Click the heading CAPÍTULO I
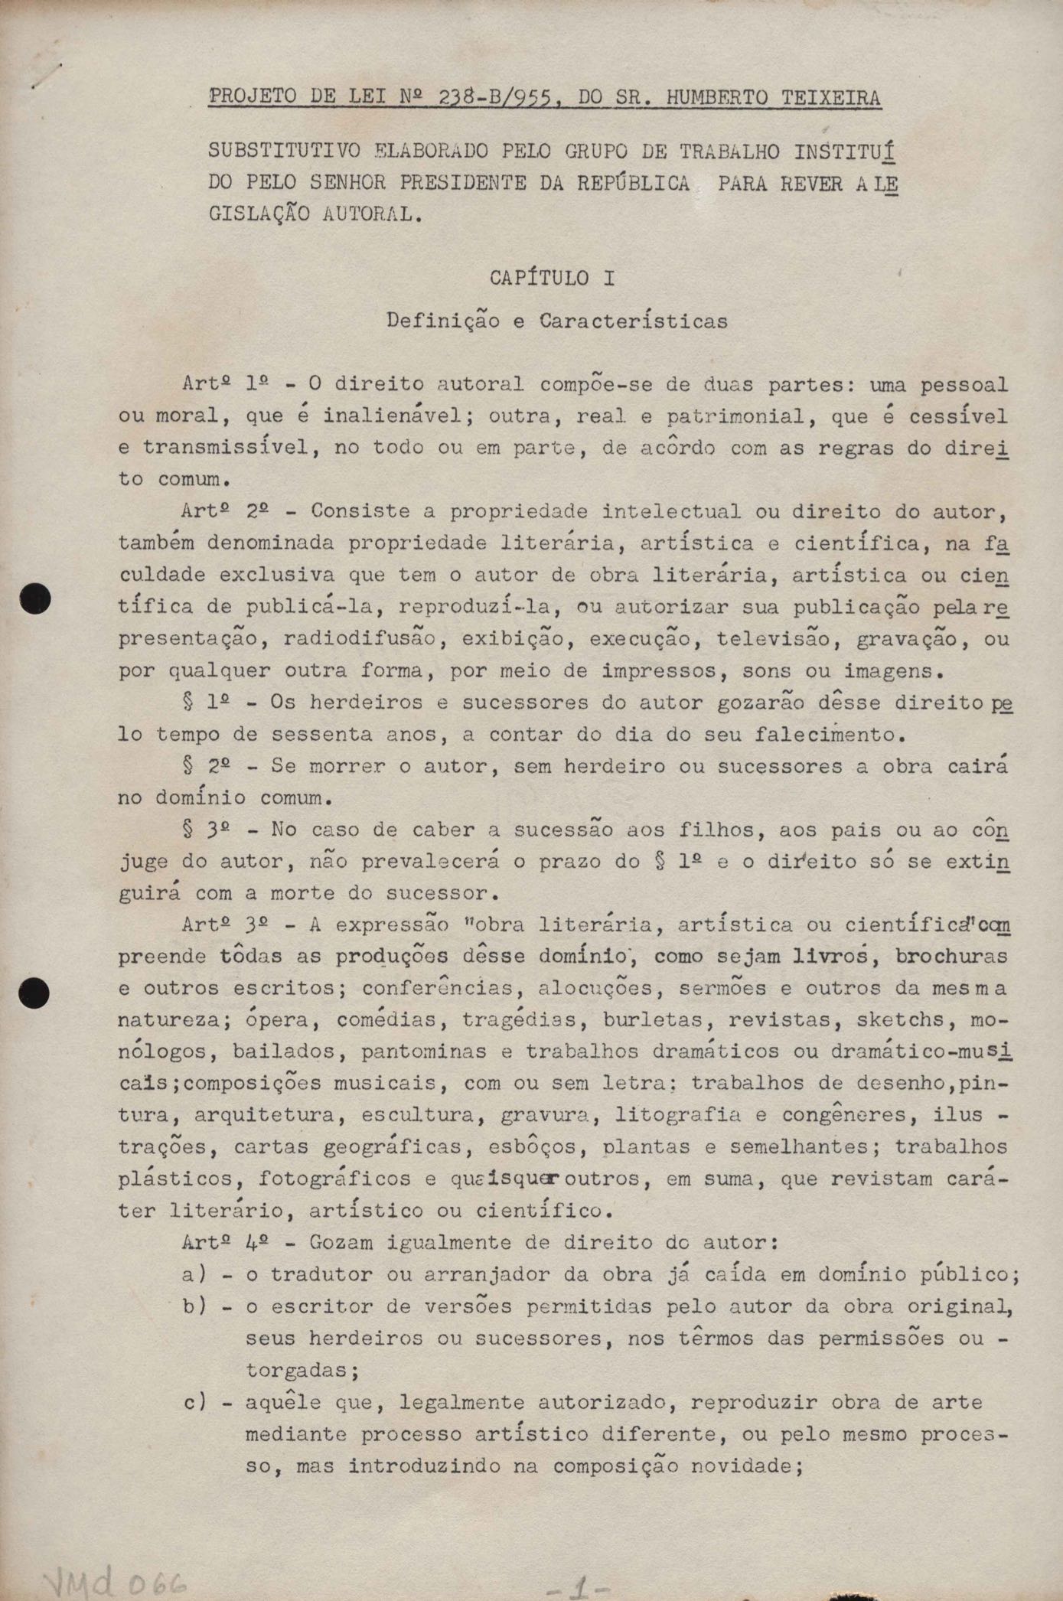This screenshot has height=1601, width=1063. pos(552,278)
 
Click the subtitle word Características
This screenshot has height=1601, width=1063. pos(634,321)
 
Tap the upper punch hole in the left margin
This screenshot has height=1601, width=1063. pos(35,598)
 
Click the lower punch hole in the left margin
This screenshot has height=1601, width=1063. pos(35,993)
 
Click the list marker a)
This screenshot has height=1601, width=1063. pos(194,1276)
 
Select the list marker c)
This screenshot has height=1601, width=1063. pos(194,1403)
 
